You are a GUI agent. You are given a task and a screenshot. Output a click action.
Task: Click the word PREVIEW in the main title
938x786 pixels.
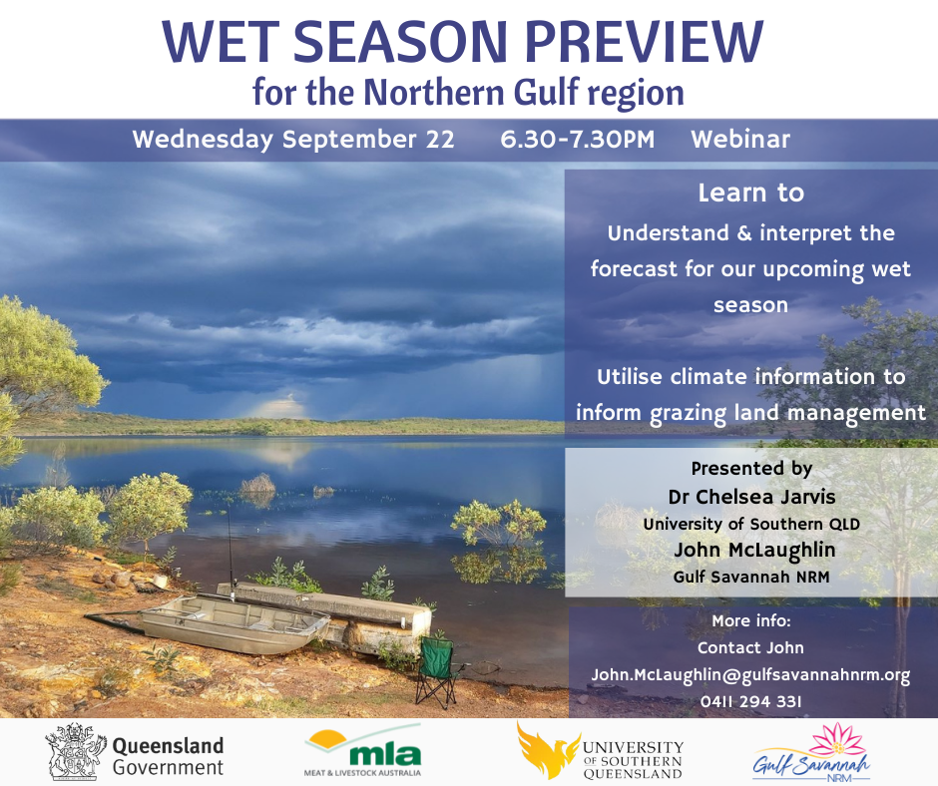click(644, 42)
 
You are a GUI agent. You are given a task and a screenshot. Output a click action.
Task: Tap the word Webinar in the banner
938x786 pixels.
click(740, 140)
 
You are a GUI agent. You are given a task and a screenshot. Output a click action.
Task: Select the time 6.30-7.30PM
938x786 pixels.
click(578, 140)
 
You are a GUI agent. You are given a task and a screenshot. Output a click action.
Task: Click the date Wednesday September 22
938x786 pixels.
click(293, 140)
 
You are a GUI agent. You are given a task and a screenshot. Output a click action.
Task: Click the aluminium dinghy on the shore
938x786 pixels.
click(234, 622)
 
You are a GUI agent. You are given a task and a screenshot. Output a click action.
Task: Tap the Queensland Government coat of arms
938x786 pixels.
click(74, 751)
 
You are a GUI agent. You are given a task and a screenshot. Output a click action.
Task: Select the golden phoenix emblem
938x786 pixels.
click(547, 750)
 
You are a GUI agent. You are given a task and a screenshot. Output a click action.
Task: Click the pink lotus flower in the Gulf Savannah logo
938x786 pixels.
click(837, 740)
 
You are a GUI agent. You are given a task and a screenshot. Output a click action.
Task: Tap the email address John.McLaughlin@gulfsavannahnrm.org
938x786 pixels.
click(750, 674)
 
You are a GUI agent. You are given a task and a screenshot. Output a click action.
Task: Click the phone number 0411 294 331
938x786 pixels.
click(750, 701)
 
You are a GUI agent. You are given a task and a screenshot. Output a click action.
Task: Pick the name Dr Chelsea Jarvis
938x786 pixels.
click(751, 497)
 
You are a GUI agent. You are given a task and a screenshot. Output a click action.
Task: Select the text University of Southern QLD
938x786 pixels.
click(751, 524)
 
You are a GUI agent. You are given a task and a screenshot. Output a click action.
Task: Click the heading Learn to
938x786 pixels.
click(750, 193)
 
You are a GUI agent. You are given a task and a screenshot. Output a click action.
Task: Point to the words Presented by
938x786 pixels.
click(751, 469)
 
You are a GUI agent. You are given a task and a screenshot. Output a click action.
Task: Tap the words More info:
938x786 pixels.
click(750, 620)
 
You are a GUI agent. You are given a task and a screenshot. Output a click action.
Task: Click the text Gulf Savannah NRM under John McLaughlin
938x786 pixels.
click(751, 577)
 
